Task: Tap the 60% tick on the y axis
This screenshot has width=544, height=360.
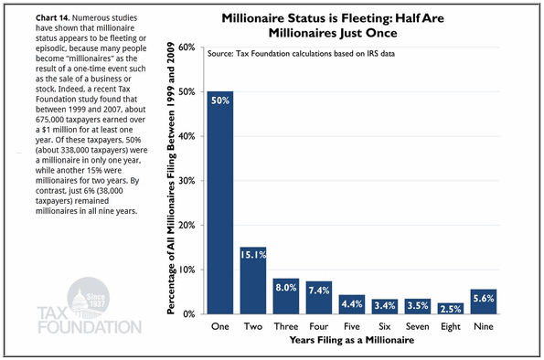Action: pos(187,48)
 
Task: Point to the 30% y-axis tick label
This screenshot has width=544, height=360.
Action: pos(187,181)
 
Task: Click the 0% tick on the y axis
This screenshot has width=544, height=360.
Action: pos(189,314)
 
